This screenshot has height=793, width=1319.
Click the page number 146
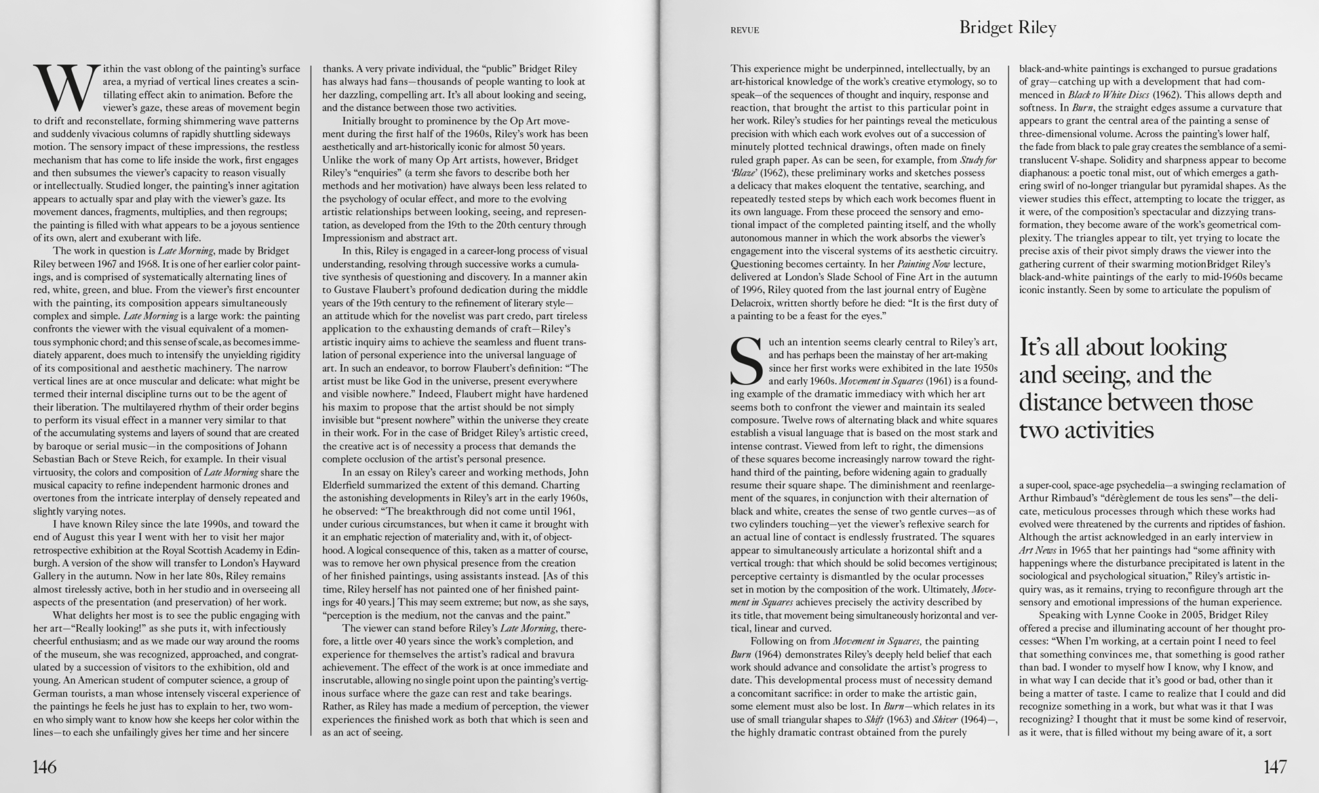[44, 767]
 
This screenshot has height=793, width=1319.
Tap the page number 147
[1275, 767]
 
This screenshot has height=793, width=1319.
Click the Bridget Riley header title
[1007, 28]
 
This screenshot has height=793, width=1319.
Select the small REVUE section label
[745, 30]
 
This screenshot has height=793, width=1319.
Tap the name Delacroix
[754, 303]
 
